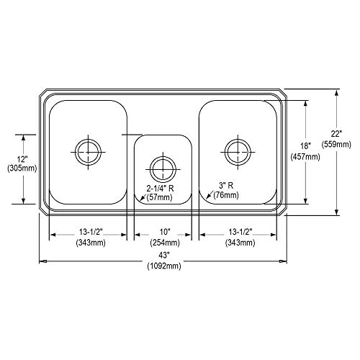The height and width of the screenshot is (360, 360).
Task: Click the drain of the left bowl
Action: click(x=88, y=152)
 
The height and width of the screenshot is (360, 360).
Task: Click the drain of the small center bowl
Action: click(x=163, y=169)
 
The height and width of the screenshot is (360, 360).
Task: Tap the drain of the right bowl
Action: click(x=238, y=152)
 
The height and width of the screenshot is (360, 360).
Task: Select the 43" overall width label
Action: click(x=164, y=256)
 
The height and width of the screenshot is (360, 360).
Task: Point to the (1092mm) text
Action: click(x=164, y=266)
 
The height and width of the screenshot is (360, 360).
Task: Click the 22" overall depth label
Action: click(x=336, y=134)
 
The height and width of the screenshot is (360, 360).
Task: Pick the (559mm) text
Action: click(x=336, y=144)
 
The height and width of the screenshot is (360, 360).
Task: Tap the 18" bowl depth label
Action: click(x=305, y=145)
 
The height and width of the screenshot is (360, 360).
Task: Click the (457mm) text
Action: click(x=305, y=157)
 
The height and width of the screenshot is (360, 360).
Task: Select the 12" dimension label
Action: click(x=22, y=158)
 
